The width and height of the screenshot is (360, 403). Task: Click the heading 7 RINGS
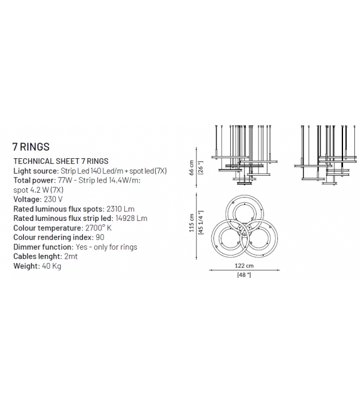(x=31, y=147)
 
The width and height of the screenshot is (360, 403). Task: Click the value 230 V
(x=53, y=199)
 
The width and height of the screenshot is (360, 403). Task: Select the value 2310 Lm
(x=120, y=208)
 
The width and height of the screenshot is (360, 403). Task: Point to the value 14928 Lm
(x=131, y=218)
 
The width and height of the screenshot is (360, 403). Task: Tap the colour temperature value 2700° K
(x=98, y=228)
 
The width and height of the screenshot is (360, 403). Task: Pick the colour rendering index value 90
(x=100, y=237)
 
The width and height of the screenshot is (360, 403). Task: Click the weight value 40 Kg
(x=51, y=266)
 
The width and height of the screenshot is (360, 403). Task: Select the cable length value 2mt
(x=71, y=256)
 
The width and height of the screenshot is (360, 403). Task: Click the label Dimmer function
(x=43, y=247)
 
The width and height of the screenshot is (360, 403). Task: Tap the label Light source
(x=36, y=171)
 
